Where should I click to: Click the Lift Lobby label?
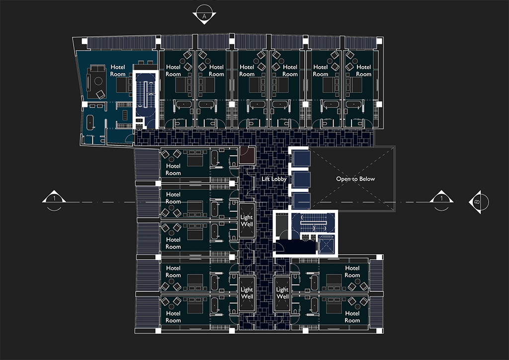point(274,179)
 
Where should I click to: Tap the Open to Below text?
point(355,179)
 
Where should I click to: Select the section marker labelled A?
point(204,15)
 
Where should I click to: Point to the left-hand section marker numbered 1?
point(54,199)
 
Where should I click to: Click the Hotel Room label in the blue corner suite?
point(118,71)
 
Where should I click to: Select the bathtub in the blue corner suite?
point(90,123)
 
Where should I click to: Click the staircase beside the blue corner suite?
point(146,94)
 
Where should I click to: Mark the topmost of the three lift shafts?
point(301,159)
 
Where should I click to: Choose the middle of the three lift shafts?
point(301,179)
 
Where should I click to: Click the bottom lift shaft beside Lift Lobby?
point(301,200)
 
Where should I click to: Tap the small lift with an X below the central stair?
point(326,245)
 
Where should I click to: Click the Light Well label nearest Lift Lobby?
point(247,220)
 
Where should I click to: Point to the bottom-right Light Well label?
point(282,293)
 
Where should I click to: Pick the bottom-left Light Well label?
point(247,293)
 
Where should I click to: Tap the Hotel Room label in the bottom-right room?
point(352,317)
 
